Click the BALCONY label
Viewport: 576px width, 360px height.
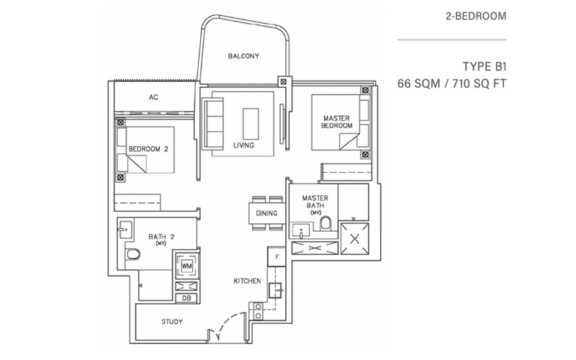tap(243, 56)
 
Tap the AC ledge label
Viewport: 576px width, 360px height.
tap(153, 97)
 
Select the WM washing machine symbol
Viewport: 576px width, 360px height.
tap(187, 266)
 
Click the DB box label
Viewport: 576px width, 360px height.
tap(186, 298)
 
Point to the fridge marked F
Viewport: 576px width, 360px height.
tap(276, 256)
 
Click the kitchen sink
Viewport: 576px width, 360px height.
tap(276, 290)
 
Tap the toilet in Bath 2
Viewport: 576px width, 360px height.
tap(132, 254)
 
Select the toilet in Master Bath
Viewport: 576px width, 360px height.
tap(325, 223)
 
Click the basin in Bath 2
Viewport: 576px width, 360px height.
tap(125, 229)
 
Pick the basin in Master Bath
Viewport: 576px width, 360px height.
tap(301, 232)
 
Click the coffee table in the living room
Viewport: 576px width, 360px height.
tap(251, 124)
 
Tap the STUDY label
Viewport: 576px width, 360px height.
tap(172, 322)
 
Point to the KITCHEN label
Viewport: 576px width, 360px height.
tap(247, 281)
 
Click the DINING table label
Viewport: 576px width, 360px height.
tap(266, 213)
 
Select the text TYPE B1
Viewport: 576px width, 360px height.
tap(484, 66)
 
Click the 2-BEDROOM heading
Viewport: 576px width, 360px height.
tap(476, 16)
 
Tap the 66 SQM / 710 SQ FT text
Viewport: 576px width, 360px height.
tap(452, 84)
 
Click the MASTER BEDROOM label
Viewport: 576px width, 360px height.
tap(336, 122)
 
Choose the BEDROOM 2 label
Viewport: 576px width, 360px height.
tap(148, 149)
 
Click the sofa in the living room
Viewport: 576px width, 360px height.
tap(213, 124)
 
